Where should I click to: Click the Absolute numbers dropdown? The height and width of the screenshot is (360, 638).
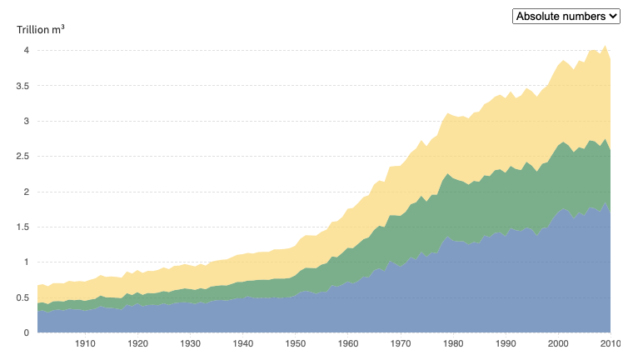(x=566, y=16)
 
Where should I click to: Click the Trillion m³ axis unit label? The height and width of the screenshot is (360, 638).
(x=41, y=30)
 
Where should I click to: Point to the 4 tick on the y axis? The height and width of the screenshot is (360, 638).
(x=27, y=50)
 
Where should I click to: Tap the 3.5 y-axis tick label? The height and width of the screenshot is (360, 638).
(x=22, y=86)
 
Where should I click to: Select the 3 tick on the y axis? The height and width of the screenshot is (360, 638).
(x=27, y=121)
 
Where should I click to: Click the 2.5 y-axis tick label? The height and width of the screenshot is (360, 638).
(x=22, y=157)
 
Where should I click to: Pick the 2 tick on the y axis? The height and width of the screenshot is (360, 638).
(x=27, y=192)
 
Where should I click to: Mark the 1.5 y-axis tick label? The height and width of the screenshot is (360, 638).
(x=22, y=227)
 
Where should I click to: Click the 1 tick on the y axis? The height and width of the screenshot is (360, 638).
(x=27, y=262)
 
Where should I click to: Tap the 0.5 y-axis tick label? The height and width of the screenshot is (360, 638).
(x=22, y=297)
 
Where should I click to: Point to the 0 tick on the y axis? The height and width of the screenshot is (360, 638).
(x=27, y=332)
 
